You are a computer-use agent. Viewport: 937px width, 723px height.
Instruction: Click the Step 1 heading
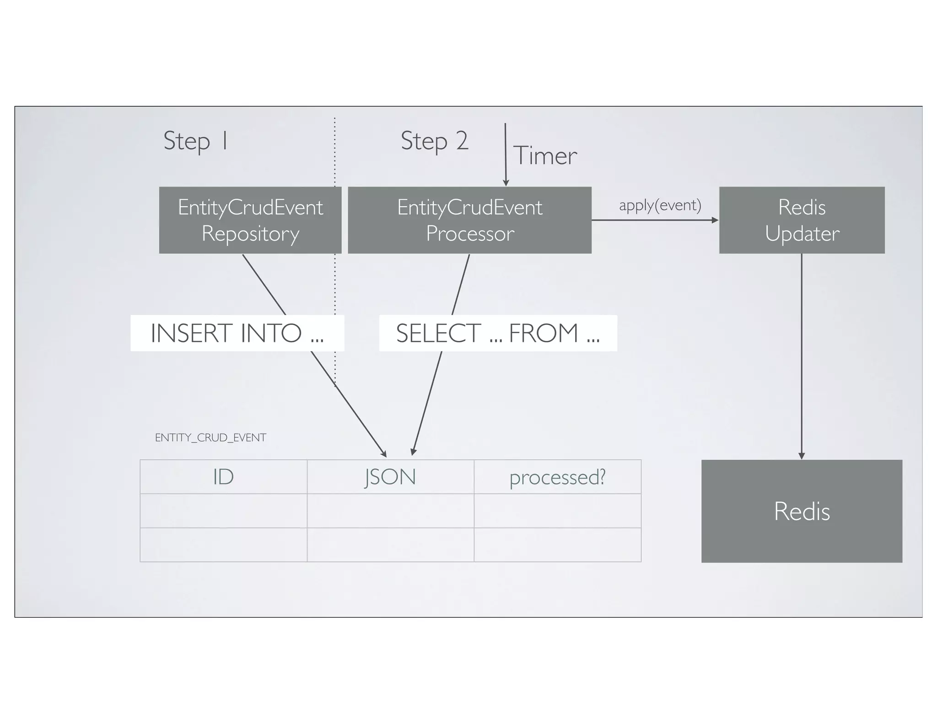coord(195,141)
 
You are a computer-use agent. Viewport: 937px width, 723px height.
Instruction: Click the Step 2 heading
coord(434,141)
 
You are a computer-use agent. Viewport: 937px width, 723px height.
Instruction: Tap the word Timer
coord(545,156)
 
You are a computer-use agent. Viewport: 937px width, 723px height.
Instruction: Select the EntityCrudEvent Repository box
coord(250,220)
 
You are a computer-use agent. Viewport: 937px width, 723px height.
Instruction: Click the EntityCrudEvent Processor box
coord(469,220)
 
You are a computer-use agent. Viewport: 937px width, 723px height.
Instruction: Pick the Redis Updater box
coord(802,220)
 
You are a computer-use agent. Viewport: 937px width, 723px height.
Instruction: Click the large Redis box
coord(802,511)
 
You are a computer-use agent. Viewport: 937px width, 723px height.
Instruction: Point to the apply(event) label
coord(660,205)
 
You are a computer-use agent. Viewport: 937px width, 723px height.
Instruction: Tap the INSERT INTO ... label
coord(237,333)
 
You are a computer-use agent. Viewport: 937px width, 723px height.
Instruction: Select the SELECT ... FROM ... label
coord(498,333)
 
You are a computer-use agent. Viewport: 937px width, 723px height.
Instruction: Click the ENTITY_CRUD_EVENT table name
coord(210,438)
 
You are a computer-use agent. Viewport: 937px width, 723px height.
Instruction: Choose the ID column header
coord(223,477)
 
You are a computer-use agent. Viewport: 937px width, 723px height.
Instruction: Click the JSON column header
coord(390,477)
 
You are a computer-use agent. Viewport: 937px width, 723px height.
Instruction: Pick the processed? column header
coord(557,477)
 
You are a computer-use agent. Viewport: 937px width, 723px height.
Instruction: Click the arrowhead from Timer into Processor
coord(506,183)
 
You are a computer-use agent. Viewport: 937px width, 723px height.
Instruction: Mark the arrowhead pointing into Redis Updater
coord(715,220)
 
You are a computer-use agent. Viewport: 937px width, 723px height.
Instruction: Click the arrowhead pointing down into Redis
coord(802,456)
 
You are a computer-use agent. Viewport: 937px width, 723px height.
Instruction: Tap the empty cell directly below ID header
coord(223,511)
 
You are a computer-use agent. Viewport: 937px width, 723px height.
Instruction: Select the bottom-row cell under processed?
coord(557,545)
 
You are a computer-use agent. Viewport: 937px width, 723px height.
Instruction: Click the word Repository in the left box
coord(250,234)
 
